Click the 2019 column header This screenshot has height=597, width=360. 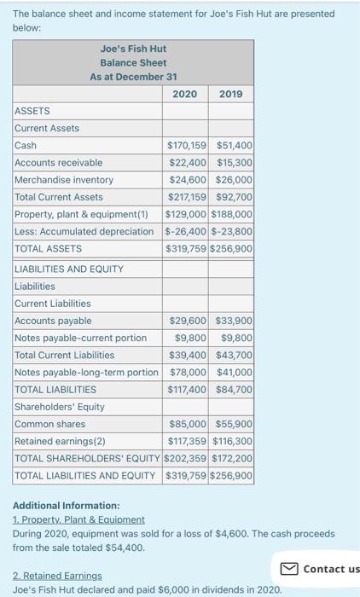coord(230,94)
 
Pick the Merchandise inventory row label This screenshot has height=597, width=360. coord(64,180)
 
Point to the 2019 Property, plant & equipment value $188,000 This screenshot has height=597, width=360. coord(233,214)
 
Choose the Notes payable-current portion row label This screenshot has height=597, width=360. coord(81,338)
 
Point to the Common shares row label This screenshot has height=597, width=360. coord(50,424)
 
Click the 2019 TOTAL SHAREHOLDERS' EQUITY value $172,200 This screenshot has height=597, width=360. coord(233,458)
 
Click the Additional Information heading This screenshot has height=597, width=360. coord(67,506)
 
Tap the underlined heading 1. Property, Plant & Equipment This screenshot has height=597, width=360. coord(78,519)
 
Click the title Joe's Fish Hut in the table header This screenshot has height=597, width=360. coord(134,48)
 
